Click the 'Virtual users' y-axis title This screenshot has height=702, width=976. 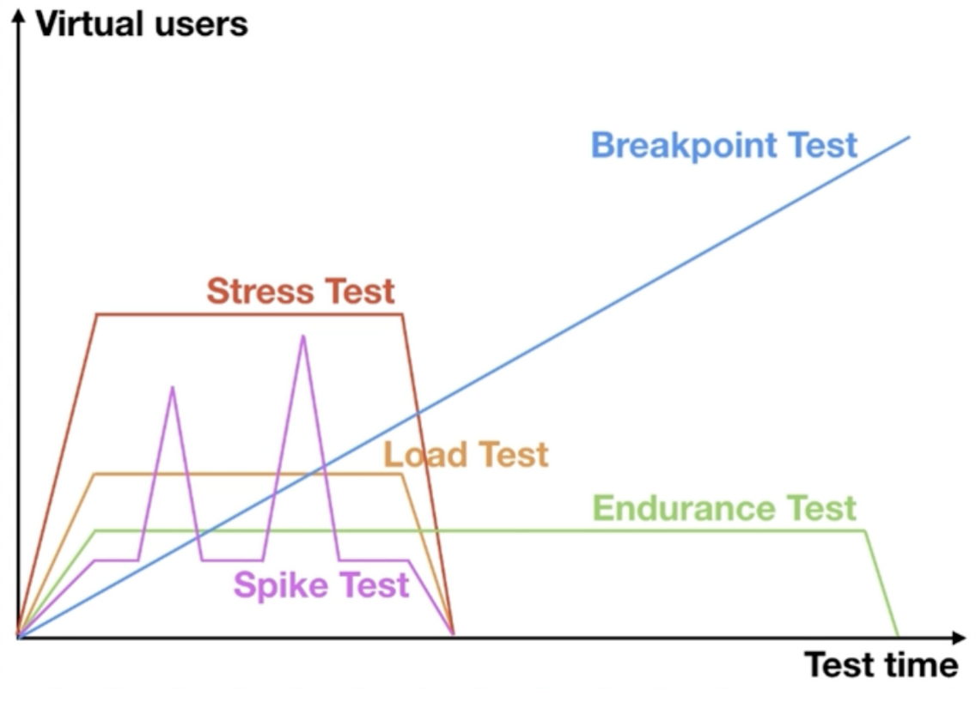[141, 24]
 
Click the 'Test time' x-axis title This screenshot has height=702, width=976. [881, 665]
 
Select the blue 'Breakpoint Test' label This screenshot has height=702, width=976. [724, 146]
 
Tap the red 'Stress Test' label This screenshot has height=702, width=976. [301, 291]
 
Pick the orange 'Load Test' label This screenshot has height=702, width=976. [466, 455]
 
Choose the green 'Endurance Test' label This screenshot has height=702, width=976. [724, 508]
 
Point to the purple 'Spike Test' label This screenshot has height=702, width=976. [321, 585]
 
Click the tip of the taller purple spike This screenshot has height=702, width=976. [303, 336]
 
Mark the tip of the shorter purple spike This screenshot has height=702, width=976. [173, 387]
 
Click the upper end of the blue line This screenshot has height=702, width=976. [909, 136]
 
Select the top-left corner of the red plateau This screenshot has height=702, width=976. [97, 315]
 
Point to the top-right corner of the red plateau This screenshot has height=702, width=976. [402, 315]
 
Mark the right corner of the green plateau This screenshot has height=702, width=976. [865, 531]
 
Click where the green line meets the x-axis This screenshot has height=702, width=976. [898, 636]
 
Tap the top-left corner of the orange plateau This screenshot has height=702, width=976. [94, 475]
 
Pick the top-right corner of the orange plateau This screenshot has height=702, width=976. [401, 475]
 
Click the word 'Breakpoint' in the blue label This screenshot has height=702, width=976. [683, 146]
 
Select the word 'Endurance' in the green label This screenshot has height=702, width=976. [683, 508]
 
